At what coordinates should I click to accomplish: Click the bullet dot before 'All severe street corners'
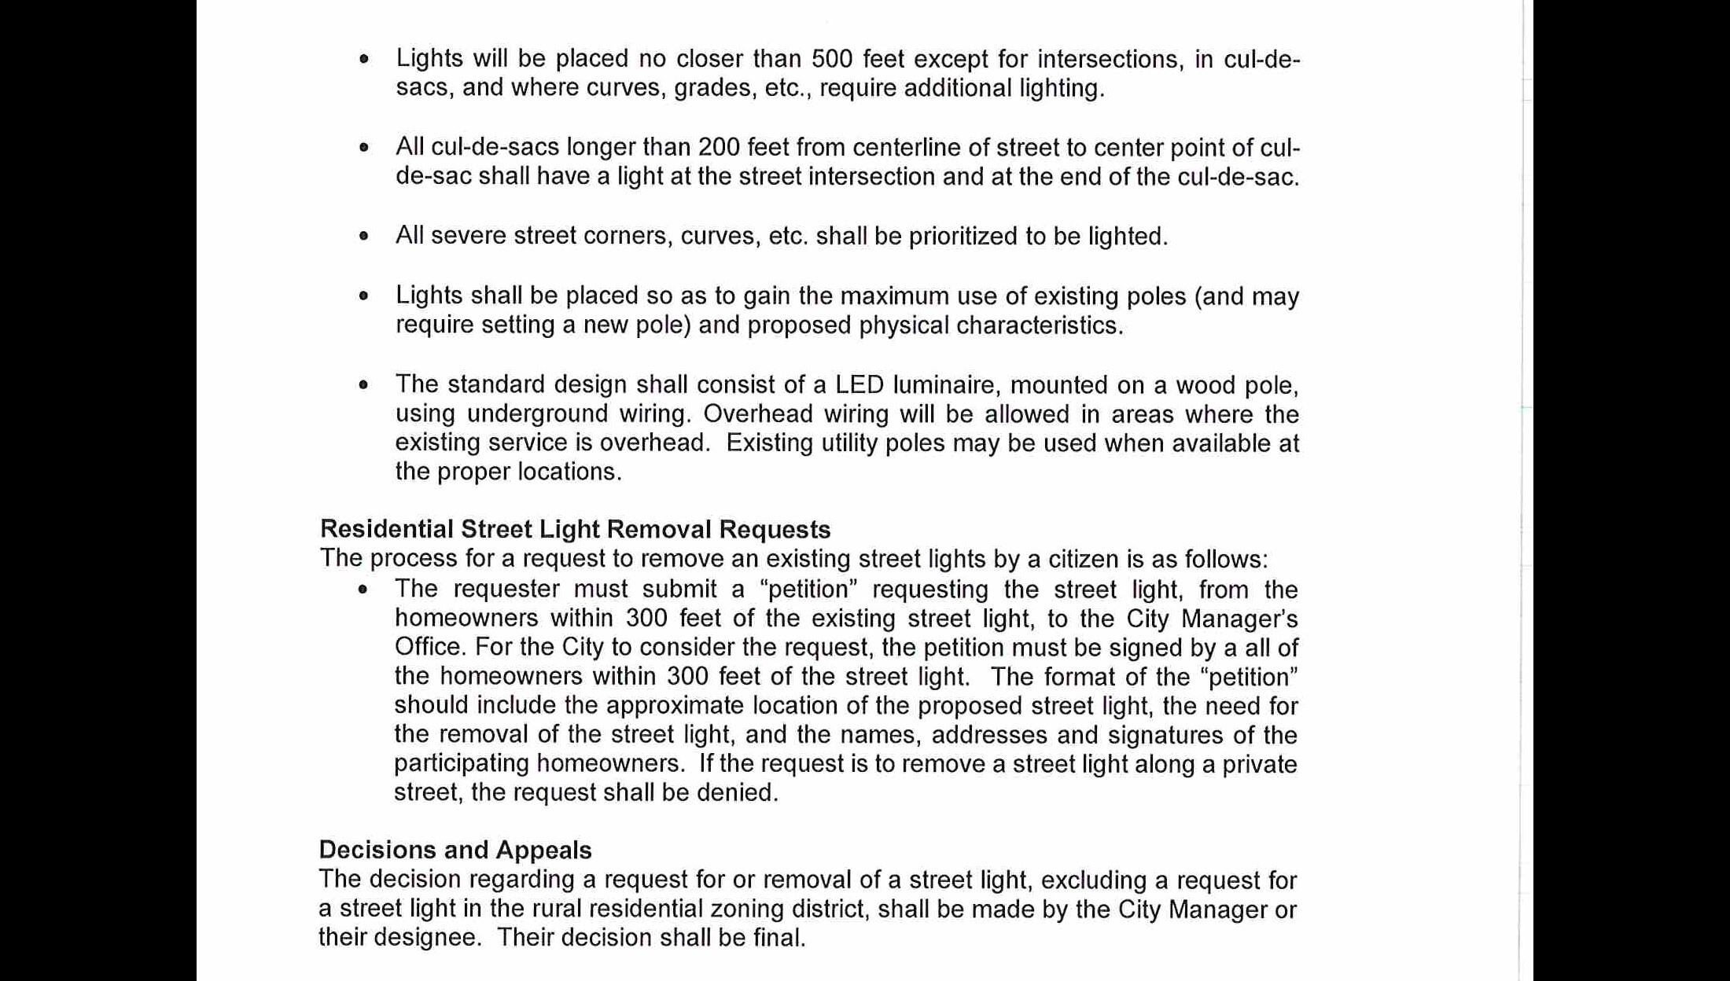[363, 236]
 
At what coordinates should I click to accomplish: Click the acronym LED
[859, 384]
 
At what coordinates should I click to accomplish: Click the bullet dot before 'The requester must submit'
[363, 590]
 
